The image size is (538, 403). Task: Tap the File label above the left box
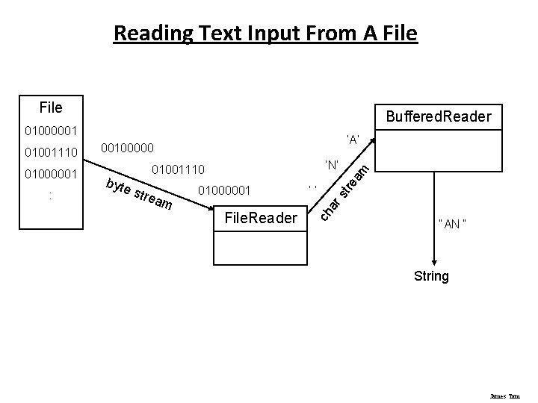[x=51, y=108]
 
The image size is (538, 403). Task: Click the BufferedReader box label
[x=437, y=116]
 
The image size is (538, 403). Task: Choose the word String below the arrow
[x=431, y=277]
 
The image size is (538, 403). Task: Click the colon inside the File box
[x=49, y=196]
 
